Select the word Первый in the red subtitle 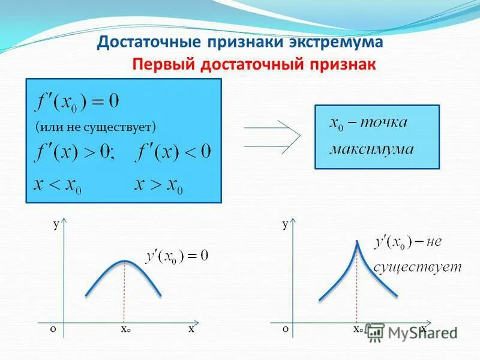click(x=158, y=64)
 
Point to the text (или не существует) click(x=95, y=127)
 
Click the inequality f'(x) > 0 click(x=76, y=151)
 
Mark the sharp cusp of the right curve click(x=357, y=241)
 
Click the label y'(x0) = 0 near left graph click(x=177, y=256)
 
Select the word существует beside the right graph click(x=418, y=266)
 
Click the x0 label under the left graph click(x=125, y=329)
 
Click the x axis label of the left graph click(x=191, y=329)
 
